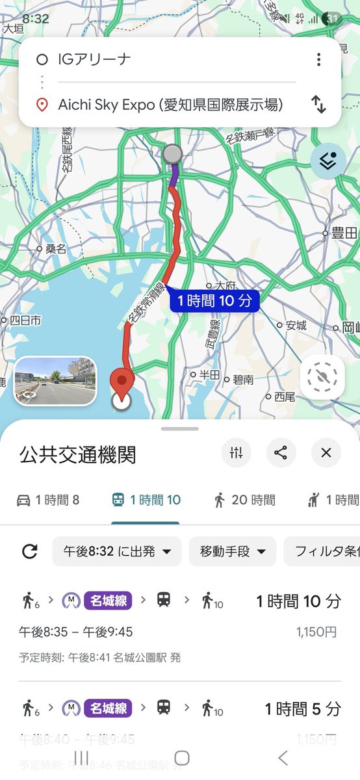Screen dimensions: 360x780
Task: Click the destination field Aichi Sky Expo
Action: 170,104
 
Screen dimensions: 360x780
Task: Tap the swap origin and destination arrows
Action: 318,104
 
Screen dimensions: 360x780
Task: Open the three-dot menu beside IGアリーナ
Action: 318,60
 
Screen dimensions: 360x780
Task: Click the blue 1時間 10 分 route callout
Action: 214,300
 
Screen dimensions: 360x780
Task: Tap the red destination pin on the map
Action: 121,382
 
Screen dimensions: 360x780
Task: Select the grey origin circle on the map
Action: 172,154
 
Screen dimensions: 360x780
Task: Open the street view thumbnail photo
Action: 55,380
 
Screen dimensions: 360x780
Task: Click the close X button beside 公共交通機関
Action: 326,453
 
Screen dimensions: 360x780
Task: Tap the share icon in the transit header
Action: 281,453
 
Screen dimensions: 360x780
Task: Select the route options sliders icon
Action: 236,453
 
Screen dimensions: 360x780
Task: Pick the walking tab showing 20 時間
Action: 244,500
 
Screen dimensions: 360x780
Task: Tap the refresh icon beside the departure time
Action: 29,552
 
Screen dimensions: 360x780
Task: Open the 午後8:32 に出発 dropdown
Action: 117,552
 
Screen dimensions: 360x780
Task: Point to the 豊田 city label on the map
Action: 342,233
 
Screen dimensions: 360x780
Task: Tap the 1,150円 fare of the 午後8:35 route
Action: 316,631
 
